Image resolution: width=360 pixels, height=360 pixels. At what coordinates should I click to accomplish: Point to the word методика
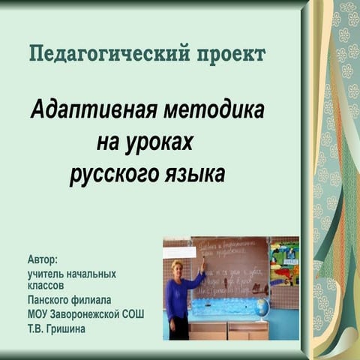point(214,111)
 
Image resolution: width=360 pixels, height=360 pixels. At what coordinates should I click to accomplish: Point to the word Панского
point(49,299)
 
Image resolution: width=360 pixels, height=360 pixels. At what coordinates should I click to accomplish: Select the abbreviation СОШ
point(133,313)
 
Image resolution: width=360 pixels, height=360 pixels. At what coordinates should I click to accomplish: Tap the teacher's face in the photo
point(180,268)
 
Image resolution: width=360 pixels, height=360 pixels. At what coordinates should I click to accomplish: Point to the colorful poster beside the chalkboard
point(283,262)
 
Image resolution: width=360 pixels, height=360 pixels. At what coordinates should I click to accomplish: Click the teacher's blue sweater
point(178,296)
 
